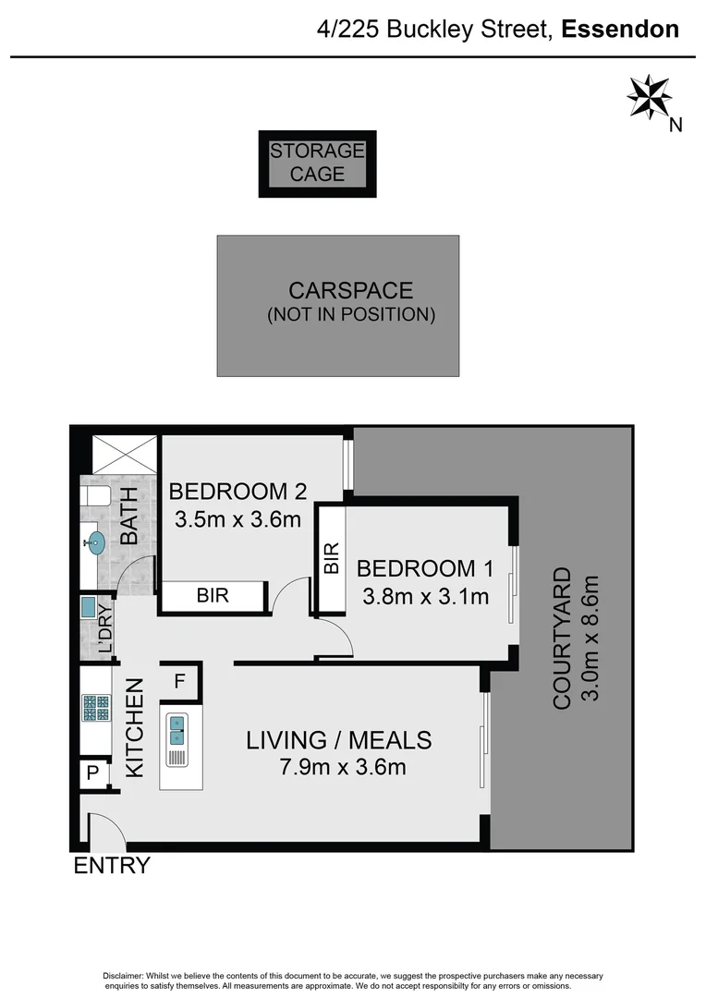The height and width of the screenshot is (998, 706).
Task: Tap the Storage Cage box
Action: tap(317, 164)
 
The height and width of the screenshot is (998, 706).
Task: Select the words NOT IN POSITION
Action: tap(351, 314)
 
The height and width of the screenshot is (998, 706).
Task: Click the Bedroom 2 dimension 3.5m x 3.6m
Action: tap(238, 519)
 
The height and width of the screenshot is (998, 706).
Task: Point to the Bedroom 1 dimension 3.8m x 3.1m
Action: tap(422, 596)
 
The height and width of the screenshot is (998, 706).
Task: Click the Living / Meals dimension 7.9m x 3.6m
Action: tap(338, 767)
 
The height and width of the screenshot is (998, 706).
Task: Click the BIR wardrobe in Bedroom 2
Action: tap(213, 596)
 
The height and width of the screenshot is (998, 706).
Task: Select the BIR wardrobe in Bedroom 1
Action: tap(332, 558)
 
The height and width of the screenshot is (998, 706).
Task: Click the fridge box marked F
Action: tap(180, 682)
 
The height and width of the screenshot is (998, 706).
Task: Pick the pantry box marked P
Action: tap(92, 773)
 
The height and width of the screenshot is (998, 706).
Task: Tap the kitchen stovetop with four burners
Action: tap(95, 708)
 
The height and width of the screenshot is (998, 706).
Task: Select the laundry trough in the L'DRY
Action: tap(89, 609)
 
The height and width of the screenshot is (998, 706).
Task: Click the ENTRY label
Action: tap(111, 866)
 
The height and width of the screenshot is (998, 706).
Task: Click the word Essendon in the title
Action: tap(620, 29)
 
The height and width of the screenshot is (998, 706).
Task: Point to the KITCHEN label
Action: tap(135, 728)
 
